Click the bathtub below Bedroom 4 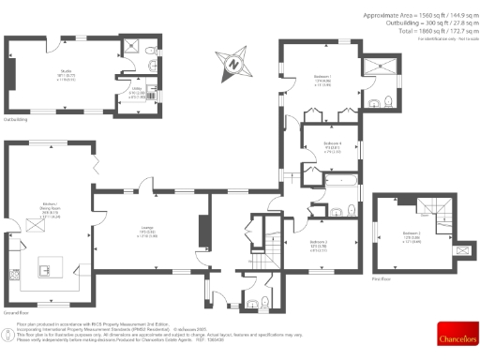pos(328,179)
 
